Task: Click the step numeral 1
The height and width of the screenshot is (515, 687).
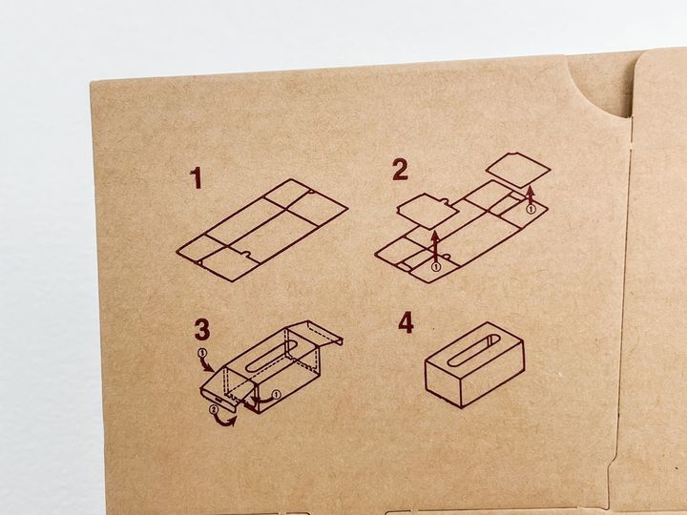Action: [197, 177]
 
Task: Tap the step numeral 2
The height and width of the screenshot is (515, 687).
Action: [400, 170]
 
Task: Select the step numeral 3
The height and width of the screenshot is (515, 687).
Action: [202, 329]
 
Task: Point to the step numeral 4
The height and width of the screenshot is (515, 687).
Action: [406, 322]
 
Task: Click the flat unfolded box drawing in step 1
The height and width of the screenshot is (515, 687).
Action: [262, 230]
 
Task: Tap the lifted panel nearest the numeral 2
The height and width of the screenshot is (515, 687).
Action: [427, 211]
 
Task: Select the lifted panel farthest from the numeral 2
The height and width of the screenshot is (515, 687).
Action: [518, 170]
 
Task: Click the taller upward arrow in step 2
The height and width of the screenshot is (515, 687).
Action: [435, 246]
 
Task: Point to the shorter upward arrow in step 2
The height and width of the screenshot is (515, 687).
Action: [531, 196]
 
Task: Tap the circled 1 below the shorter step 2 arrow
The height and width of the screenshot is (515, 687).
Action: [531, 209]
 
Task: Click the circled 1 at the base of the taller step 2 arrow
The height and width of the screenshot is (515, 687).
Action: [435, 267]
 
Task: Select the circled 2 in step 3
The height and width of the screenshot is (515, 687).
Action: [214, 410]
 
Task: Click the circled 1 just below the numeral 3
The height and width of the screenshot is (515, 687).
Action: [202, 353]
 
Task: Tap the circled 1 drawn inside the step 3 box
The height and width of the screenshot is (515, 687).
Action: [276, 395]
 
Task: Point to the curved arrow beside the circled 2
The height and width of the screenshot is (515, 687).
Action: [224, 421]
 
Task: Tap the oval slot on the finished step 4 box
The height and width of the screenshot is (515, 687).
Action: [473, 350]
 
